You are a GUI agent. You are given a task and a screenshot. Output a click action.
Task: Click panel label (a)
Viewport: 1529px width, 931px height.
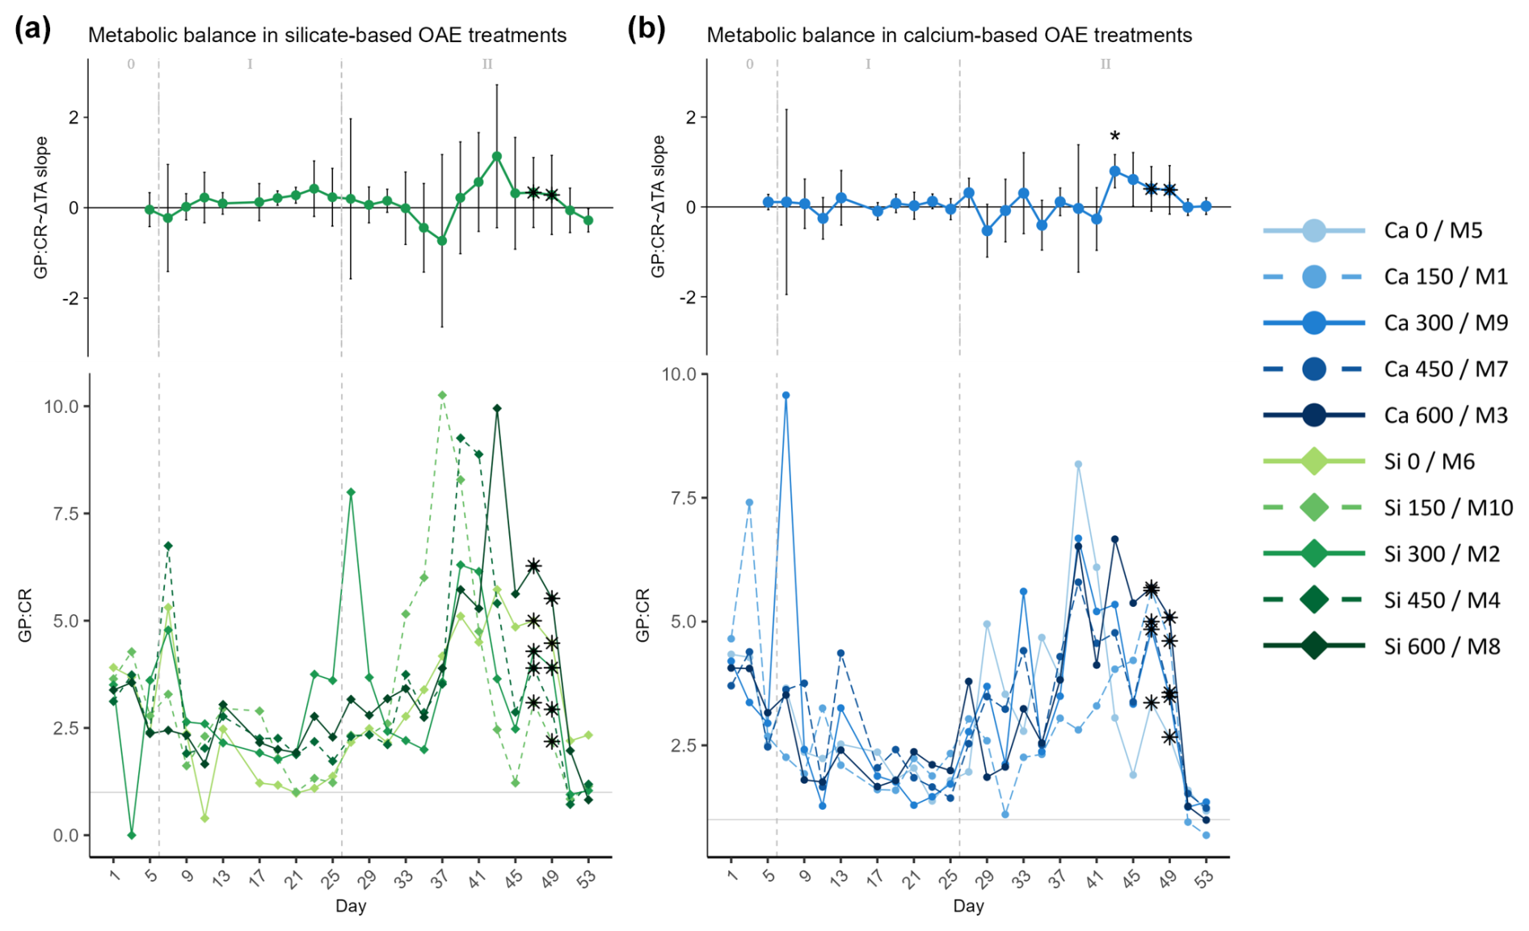click(32, 29)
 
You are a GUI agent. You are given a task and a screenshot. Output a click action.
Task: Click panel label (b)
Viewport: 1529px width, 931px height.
click(646, 29)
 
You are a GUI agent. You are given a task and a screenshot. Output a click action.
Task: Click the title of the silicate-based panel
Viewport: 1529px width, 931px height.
click(326, 35)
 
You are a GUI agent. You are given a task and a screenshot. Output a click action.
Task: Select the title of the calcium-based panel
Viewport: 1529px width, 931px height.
click(949, 35)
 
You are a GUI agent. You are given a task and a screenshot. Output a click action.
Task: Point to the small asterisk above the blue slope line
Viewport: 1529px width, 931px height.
click(1114, 137)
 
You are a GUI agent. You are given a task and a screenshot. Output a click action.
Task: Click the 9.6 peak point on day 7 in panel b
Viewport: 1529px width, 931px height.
click(786, 395)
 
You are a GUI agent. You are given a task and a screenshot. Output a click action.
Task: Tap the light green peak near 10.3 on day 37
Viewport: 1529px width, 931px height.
click(442, 395)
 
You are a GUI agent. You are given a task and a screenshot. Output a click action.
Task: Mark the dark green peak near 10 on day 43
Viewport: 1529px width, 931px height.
click(497, 408)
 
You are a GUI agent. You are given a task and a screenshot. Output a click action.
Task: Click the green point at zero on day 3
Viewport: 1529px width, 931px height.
click(132, 835)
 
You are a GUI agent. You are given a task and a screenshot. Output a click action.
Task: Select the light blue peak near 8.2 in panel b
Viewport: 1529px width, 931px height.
click(1078, 465)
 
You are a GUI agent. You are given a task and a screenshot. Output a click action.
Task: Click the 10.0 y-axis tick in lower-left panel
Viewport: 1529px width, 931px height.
click(61, 407)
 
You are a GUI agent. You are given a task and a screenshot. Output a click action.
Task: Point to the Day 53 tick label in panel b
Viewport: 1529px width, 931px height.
click(1204, 878)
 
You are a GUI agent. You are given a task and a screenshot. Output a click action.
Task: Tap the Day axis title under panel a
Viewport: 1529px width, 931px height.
click(350, 906)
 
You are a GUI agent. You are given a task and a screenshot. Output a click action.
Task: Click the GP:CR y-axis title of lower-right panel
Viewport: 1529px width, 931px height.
click(642, 616)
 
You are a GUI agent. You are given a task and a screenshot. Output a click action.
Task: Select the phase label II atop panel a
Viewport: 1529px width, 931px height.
click(487, 64)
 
